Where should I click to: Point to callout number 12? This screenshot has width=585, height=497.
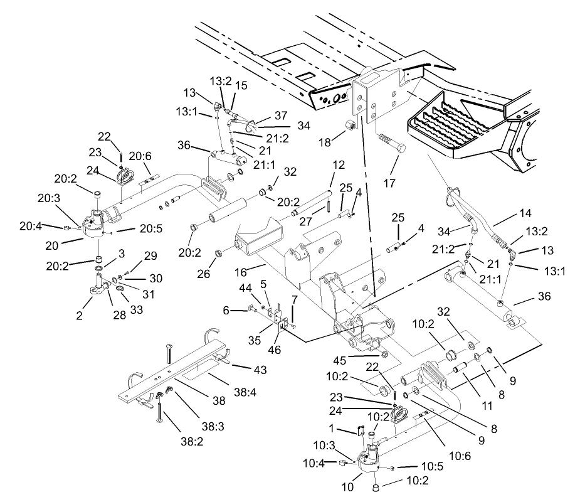point(338,165)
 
